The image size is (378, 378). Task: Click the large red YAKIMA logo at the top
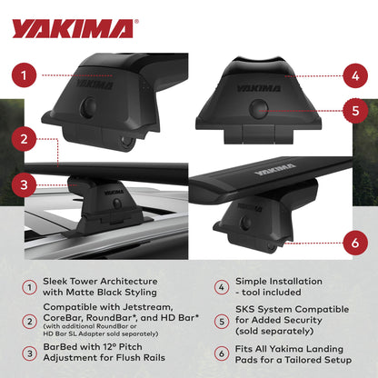74,28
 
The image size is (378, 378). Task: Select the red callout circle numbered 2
28,139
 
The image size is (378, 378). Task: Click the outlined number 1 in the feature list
30,287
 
